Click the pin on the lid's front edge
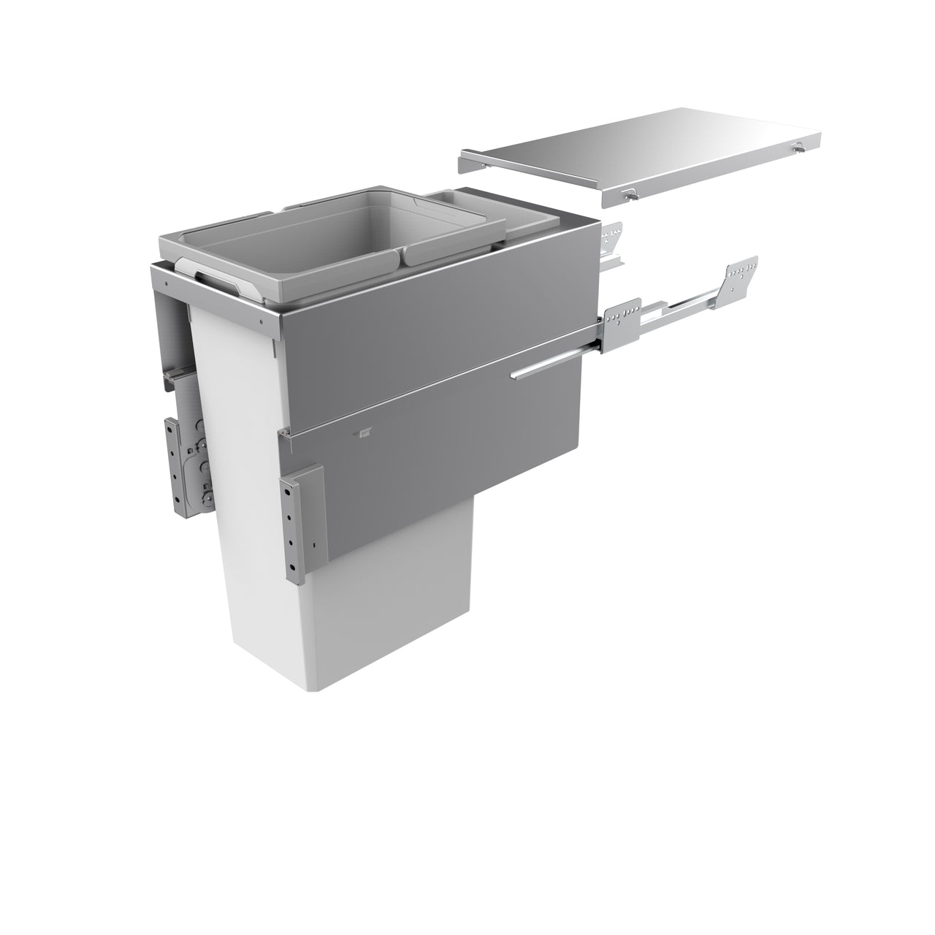tap(629, 196)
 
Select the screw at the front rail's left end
tap(167, 278)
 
